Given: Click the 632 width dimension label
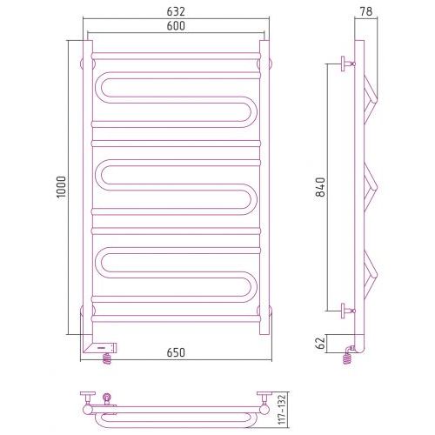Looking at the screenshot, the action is click(176, 11).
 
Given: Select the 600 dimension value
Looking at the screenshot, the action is click(176, 26).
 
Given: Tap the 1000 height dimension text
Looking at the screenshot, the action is click(62, 187).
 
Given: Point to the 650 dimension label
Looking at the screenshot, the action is click(176, 352).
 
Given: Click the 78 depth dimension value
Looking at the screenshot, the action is click(366, 11).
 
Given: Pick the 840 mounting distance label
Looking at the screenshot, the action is click(321, 187).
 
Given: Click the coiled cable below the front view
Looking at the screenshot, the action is click(107, 358).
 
